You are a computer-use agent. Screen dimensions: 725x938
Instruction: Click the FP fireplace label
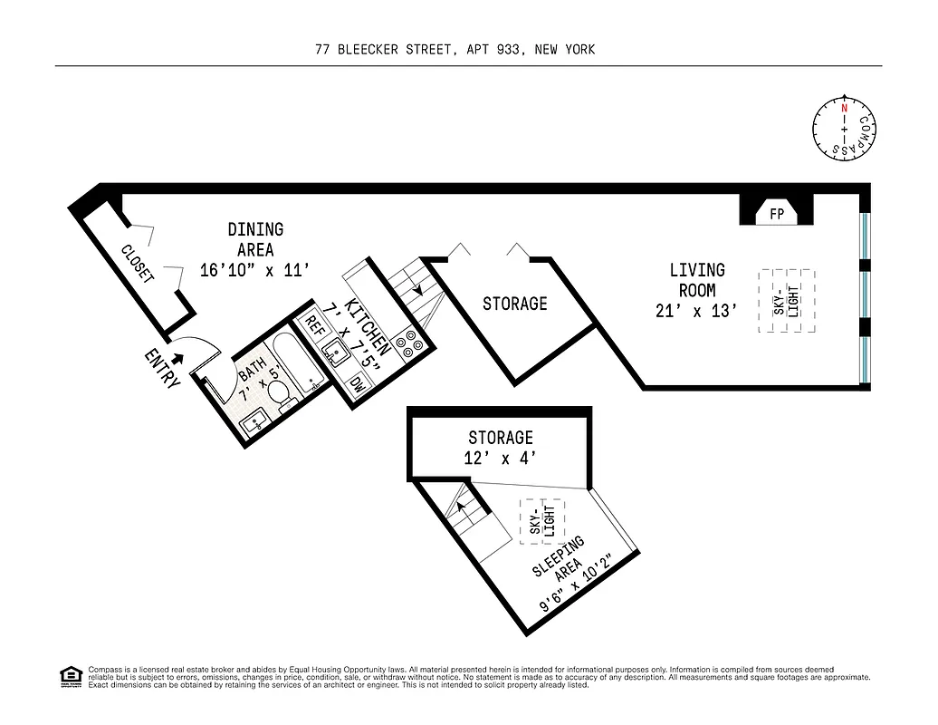(x=777, y=215)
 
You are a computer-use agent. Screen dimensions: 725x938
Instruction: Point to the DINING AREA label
(x=255, y=240)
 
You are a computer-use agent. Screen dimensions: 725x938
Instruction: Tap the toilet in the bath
(x=282, y=393)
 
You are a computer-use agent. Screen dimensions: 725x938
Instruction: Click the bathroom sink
(x=253, y=419)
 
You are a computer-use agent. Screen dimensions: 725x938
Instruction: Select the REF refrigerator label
(x=314, y=326)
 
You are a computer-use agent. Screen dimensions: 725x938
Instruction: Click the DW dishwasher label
(x=358, y=384)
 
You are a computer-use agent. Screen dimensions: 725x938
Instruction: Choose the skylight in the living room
(x=787, y=301)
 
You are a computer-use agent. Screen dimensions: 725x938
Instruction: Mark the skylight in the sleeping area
(x=541, y=522)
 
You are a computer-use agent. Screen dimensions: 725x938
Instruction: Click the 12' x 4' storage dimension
(x=500, y=459)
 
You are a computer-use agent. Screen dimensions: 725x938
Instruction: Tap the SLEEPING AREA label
(x=558, y=558)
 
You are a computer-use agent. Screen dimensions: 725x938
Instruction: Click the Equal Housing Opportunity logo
(x=70, y=675)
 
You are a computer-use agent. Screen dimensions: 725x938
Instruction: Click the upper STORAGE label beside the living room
(x=514, y=304)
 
